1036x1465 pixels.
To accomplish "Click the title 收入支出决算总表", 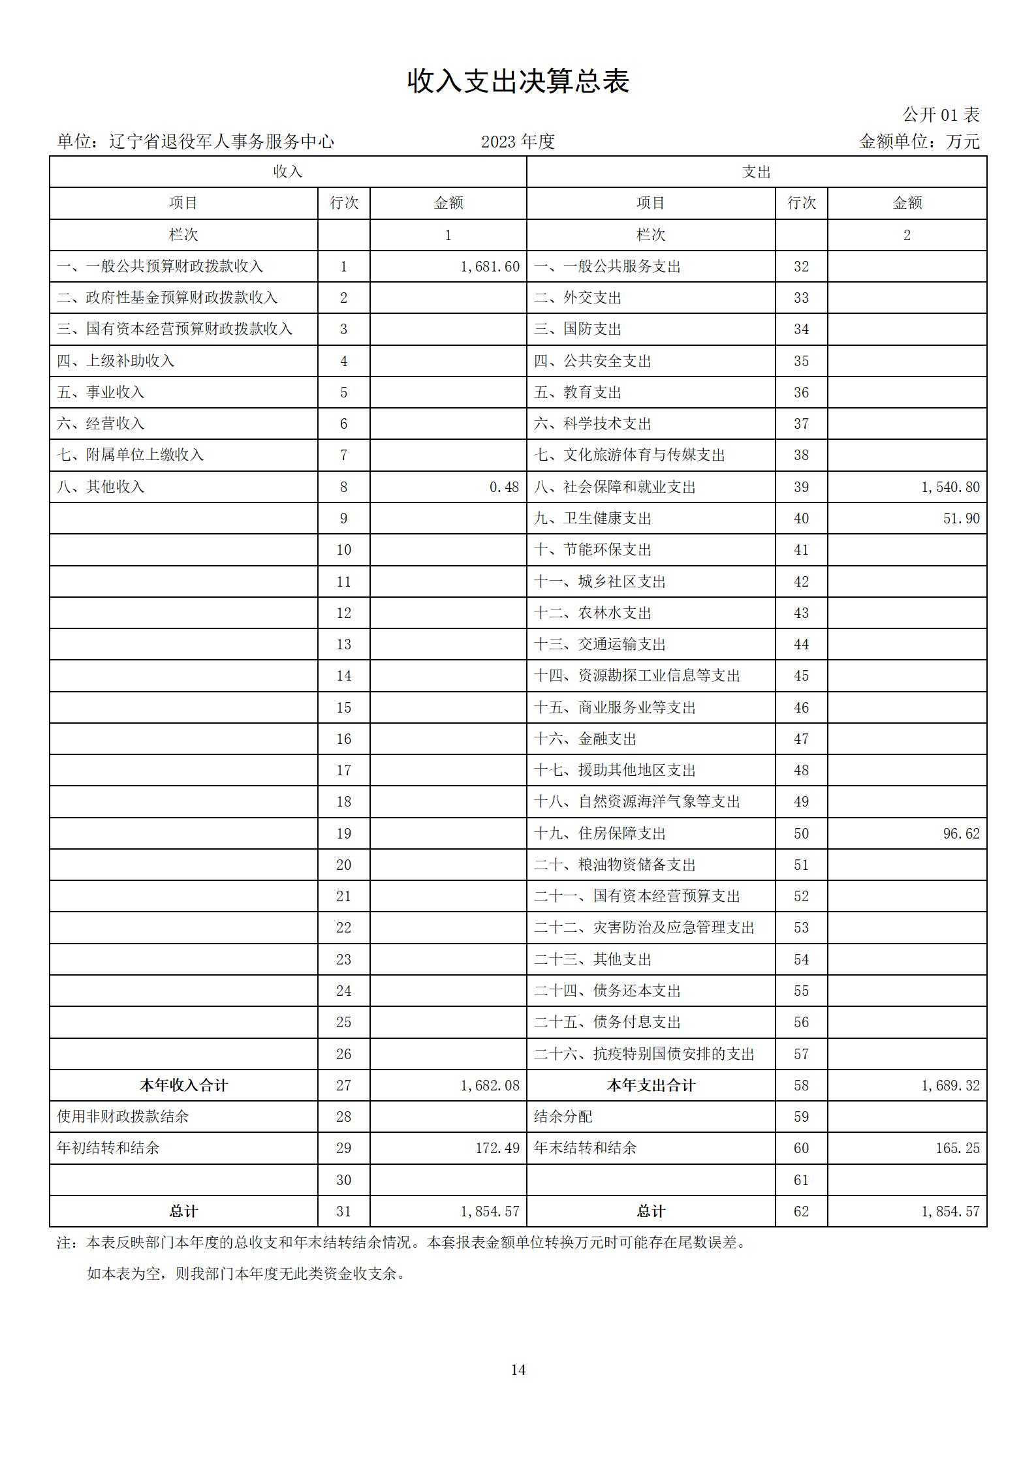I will (x=518, y=82).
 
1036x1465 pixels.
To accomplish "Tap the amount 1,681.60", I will (x=490, y=266).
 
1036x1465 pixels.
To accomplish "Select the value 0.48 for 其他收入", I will (x=504, y=487).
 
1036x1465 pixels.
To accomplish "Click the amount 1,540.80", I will (x=950, y=487).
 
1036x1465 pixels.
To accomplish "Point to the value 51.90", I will (x=961, y=518).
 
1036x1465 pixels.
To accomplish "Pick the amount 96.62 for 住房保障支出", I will (x=961, y=833).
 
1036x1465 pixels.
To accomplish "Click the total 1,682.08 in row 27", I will (x=490, y=1085).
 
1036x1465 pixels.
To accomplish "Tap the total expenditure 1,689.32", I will (x=950, y=1085).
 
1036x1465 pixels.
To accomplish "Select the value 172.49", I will (x=497, y=1148).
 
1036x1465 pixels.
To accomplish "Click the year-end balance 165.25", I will (x=957, y=1148).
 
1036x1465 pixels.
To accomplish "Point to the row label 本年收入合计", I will (x=183, y=1085).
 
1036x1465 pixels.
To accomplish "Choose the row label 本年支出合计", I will (x=651, y=1085).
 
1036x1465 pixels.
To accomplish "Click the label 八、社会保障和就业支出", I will (x=614, y=487).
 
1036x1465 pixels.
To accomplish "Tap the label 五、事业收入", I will (x=101, y=392).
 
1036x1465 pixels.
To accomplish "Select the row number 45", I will (x=801, y=675).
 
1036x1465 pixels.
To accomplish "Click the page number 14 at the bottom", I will (x=518, y=1370).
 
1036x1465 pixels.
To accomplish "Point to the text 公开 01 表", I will (x=941, y=115).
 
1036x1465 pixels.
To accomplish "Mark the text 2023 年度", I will (x=518, y=142).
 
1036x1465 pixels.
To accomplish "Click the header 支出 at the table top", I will (x=756, y=172).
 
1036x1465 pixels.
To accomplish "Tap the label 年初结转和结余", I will (x=108, y=1148).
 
